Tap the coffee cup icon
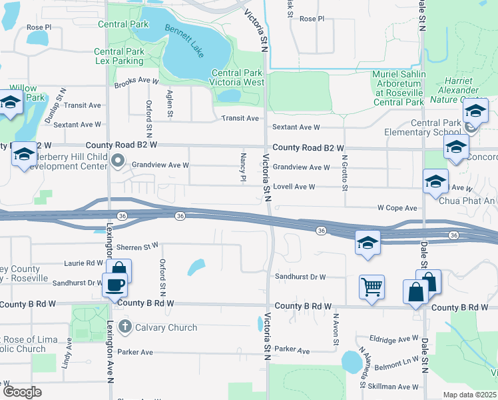click(115, 285)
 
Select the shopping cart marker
click(372, 287)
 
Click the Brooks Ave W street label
click(136, 81)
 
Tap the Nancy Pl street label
click(243, 167)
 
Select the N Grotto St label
click(345, 172)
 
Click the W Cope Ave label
click(397, 208)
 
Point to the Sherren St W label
click(138, 247)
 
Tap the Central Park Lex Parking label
click(119, 56)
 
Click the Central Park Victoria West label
click(238, 77)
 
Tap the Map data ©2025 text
click(469, 395)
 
